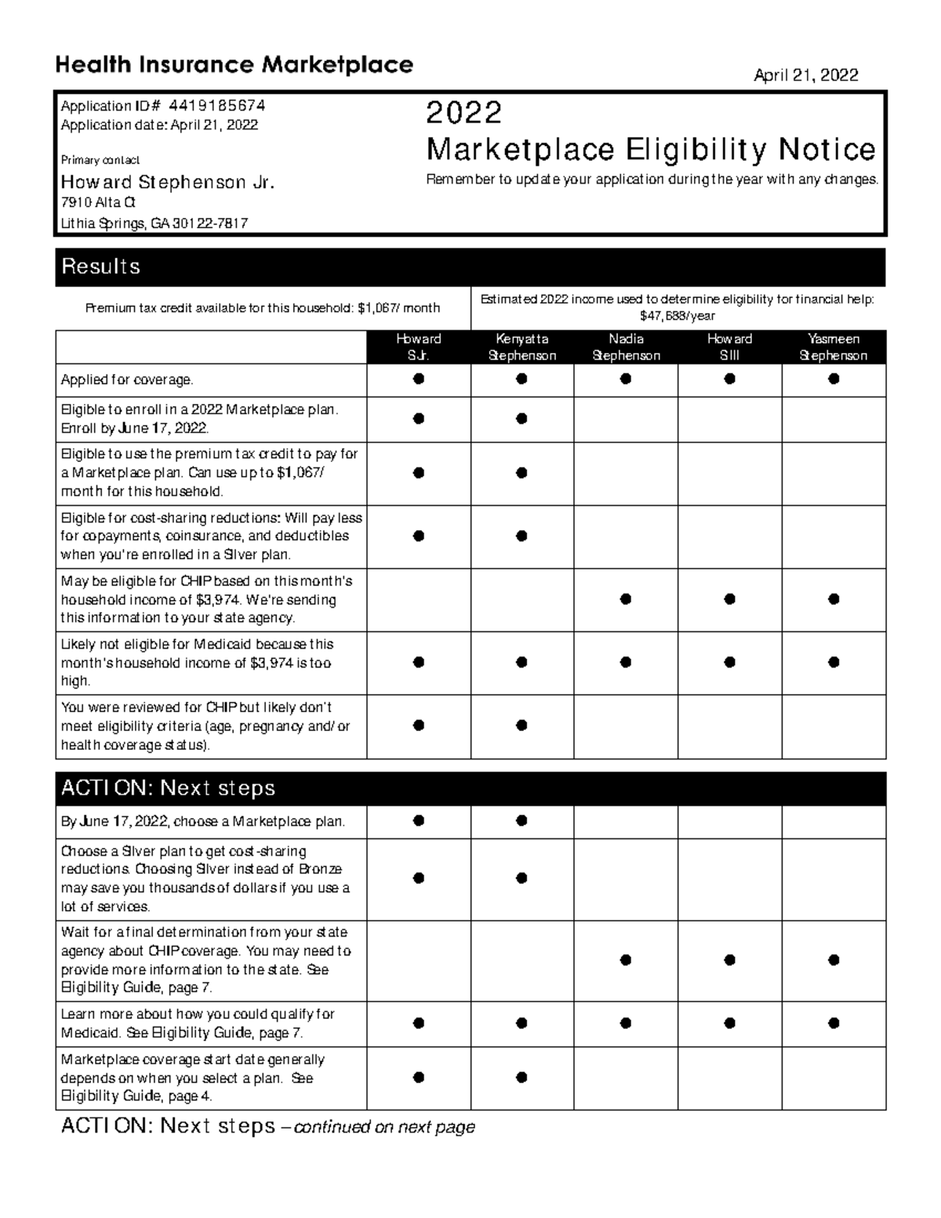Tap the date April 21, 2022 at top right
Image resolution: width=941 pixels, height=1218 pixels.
(x=805, y=75)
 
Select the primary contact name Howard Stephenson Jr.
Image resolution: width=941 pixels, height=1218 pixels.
(x=168, y=183)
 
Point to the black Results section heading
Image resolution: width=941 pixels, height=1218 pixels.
(x=101, y=267)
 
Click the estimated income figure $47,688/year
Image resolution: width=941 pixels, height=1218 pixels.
(x=678, y=316)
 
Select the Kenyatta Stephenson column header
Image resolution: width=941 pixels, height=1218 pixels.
(x=521, y=347)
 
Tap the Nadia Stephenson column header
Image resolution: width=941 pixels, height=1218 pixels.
(x=626, y=347)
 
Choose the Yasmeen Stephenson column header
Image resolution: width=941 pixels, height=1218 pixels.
(x=833, y=347)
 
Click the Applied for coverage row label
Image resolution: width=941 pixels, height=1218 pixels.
(x=127, y=380)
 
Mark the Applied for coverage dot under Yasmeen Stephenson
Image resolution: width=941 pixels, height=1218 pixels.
(x=834, y=379)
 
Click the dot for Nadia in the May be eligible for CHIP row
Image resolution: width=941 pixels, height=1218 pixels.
(x=625, y=599)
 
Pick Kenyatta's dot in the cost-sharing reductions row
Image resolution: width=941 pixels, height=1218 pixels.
(x=521, y=536)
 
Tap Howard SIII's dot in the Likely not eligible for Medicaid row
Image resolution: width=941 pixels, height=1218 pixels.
(x=729, y=663)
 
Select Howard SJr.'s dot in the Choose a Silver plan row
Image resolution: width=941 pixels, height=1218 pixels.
(x=419, y=878)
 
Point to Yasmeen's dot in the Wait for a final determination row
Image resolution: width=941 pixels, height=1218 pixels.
(x=834, y=960)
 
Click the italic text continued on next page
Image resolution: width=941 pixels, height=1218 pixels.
(x=384, y=1128)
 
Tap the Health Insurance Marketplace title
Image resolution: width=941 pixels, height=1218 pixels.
(x=234, y=64)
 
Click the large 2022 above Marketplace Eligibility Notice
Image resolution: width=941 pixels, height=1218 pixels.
(x=463, y=113)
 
